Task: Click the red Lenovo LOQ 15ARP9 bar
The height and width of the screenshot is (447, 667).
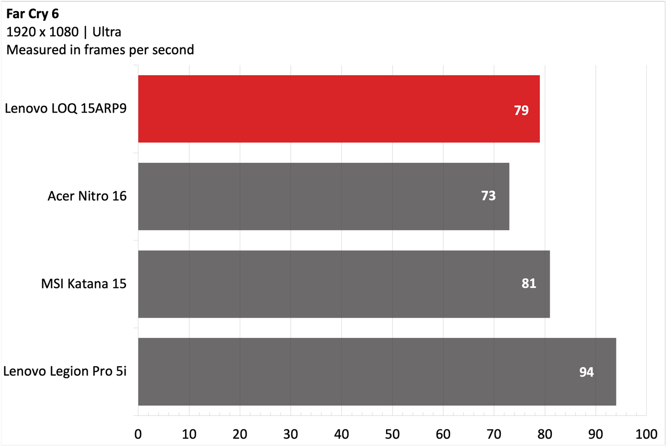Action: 339,109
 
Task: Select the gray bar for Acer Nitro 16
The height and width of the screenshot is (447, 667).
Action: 324,197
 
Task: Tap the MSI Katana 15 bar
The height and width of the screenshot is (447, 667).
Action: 344,284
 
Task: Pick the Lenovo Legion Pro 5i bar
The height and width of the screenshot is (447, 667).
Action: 377,371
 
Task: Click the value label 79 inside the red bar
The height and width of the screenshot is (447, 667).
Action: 521,110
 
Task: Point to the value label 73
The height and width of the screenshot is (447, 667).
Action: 488,196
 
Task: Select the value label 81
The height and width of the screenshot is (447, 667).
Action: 528,283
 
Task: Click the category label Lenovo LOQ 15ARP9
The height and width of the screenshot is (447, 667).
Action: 66,108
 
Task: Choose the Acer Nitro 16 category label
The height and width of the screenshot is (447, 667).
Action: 87,196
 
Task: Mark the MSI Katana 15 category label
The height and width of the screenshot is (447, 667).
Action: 84,284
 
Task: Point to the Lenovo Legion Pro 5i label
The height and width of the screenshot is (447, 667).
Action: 65,371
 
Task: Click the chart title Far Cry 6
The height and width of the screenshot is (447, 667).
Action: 32,14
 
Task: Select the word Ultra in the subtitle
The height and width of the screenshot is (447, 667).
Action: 107,32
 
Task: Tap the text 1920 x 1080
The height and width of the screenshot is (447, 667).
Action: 42,32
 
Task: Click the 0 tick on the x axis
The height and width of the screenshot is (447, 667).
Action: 138,434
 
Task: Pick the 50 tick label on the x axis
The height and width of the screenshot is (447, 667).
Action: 392,434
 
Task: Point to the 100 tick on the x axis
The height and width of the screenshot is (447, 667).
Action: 646,434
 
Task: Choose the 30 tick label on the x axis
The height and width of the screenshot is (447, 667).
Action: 290,434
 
